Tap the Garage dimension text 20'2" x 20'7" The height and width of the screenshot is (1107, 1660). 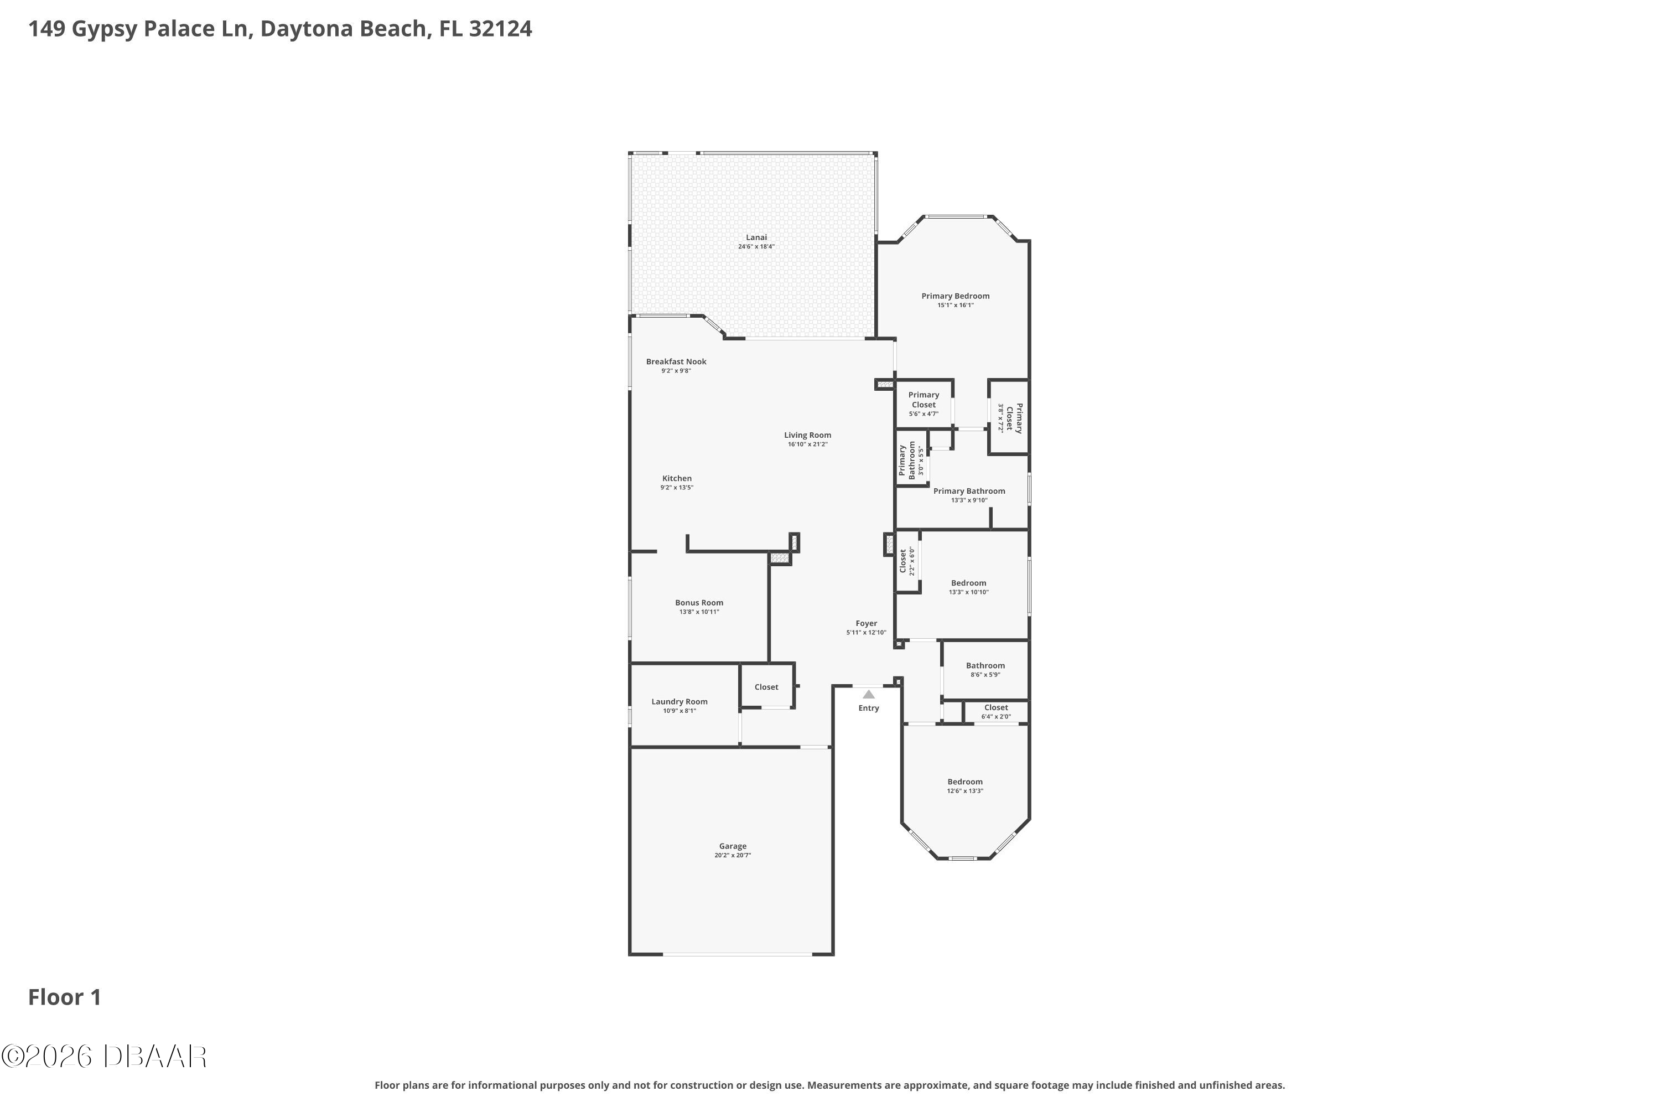click(x=733, y=855)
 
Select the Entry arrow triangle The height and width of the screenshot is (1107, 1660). click(x=869, y=695)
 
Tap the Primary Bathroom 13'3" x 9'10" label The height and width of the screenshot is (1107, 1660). click(x=969, y=495)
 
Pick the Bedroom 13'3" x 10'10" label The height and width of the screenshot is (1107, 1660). click(x=968, y=587)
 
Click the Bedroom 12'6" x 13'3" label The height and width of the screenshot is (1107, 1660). click(x=965, y=786)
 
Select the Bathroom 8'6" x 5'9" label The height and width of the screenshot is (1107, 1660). click(x=985, y=669)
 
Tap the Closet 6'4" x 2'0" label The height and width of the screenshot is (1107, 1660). click(x=996, y=712)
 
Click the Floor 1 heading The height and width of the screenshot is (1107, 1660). click(x=65, y=997)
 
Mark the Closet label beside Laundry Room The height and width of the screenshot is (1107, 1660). click(x=766, y=687)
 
